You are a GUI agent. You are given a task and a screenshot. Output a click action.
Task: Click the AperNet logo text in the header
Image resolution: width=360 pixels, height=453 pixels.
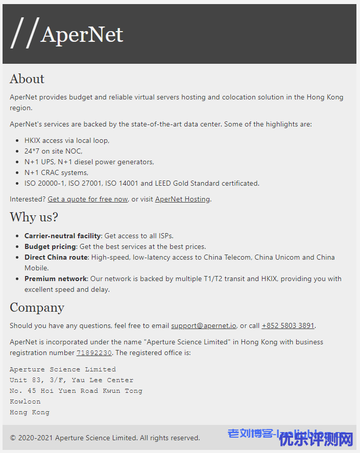click(82, 34)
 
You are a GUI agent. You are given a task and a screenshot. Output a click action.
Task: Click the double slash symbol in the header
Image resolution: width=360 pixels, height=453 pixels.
click(25, 33)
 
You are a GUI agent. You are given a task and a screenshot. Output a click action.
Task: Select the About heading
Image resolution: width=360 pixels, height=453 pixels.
click(27, 79)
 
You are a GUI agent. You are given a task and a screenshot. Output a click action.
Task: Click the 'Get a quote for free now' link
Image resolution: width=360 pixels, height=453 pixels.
click(87, 199)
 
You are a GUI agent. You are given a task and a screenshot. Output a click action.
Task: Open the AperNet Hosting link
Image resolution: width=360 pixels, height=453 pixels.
click(182, 199)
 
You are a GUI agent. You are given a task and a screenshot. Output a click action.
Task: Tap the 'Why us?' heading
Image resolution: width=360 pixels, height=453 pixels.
click(34, 217)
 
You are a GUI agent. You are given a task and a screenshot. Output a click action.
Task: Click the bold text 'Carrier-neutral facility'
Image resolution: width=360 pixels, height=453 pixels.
click(63, 236)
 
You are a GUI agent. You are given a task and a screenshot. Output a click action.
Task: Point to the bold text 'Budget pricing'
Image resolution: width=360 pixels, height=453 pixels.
click(50, 246)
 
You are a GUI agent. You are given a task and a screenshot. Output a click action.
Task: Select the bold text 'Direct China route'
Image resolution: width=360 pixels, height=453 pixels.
click(56, 257)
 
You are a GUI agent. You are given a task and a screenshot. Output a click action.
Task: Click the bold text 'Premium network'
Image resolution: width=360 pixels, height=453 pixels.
click(56, 279)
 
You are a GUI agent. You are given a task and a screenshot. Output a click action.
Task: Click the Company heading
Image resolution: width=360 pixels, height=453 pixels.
click(37, 308)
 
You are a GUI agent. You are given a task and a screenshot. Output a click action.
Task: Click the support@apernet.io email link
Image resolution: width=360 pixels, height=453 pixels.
click(203, 325)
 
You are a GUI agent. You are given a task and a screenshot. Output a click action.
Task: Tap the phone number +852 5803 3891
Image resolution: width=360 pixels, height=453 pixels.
click(287, 325)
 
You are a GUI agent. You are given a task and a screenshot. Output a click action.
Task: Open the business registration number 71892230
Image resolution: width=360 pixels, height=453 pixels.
click(94, 353)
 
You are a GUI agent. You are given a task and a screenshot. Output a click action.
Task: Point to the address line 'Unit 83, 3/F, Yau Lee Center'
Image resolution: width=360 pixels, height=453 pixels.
click(71, 380)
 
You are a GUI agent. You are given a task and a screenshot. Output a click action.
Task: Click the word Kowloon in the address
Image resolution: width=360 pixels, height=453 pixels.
click(25, 401)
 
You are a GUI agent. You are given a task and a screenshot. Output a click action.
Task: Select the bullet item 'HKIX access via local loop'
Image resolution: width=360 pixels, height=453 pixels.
click(67, 140)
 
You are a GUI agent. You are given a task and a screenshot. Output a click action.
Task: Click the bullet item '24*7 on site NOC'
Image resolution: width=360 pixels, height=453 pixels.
click(53, 151)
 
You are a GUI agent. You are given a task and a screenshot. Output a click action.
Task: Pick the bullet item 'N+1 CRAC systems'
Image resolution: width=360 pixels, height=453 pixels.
click(56, 172)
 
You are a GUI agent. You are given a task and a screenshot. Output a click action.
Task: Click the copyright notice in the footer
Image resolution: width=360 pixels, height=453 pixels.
click(105, 438)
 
